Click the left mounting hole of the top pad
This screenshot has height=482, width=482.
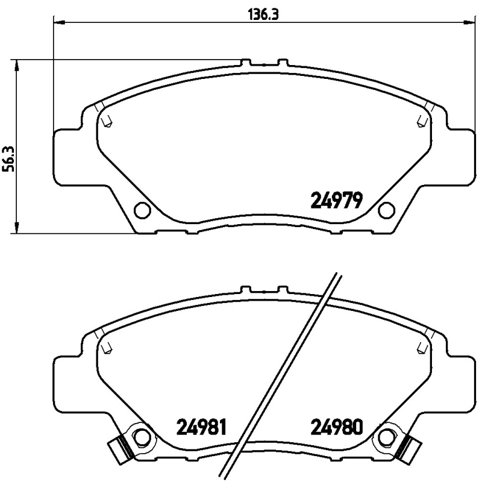pos(142,210)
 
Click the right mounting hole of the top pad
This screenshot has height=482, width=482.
pos(386,210)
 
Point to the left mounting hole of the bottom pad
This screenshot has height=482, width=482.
pos(142,436)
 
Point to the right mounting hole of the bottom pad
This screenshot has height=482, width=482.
pos(386,436)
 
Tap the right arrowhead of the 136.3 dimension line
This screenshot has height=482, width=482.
pos(469,23)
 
